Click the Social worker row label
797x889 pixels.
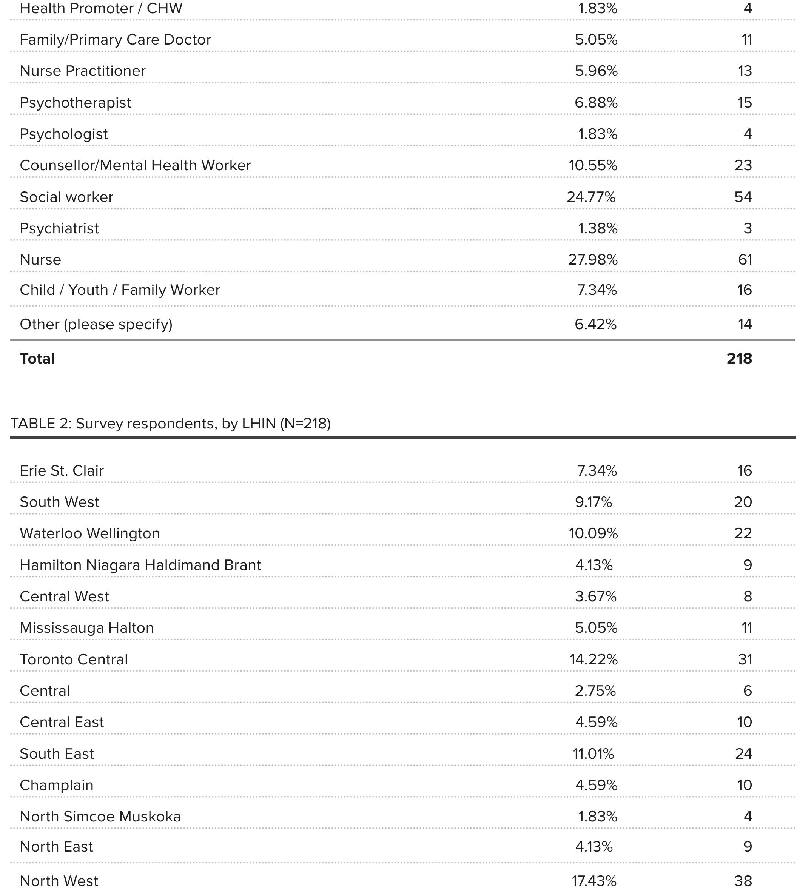point(66,197)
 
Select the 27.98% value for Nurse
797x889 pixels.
point(593,260)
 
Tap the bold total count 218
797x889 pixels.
point(739,359)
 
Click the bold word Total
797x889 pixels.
point(37,359)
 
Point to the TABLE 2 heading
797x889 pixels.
point(171,424)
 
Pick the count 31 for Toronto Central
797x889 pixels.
point(745,659)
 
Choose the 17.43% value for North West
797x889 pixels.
point(594,880)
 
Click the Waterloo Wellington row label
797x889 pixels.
point(90,533)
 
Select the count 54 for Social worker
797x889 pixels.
point(743,197)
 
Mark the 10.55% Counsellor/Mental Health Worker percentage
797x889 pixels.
point(593,166)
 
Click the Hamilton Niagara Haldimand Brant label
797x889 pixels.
point(140,565)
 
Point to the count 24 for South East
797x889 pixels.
point(743,754)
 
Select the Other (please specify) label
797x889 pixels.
point(96,324)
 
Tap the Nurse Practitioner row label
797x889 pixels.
point(83,71)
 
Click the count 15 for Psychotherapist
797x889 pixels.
point(745,102)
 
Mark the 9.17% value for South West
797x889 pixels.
point(594,502)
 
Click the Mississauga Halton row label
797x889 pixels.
point(87,628)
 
